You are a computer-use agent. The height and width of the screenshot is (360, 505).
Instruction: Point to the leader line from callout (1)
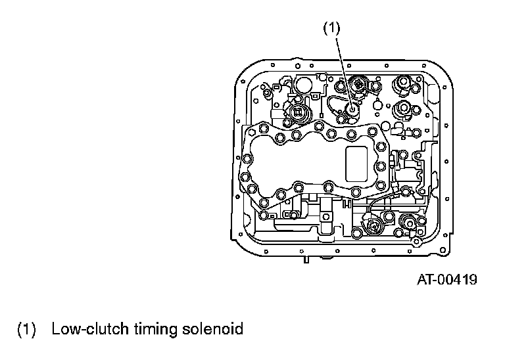coord(343,66)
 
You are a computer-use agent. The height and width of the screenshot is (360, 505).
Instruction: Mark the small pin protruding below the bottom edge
coord(306,261)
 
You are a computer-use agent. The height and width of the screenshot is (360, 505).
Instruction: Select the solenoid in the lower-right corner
coord(408,224)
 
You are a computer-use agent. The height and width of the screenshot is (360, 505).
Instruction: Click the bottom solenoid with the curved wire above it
coord(374,227)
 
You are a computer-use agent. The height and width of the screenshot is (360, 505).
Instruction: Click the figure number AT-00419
coord(447,280)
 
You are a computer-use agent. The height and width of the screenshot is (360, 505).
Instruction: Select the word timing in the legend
coord(148,329)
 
